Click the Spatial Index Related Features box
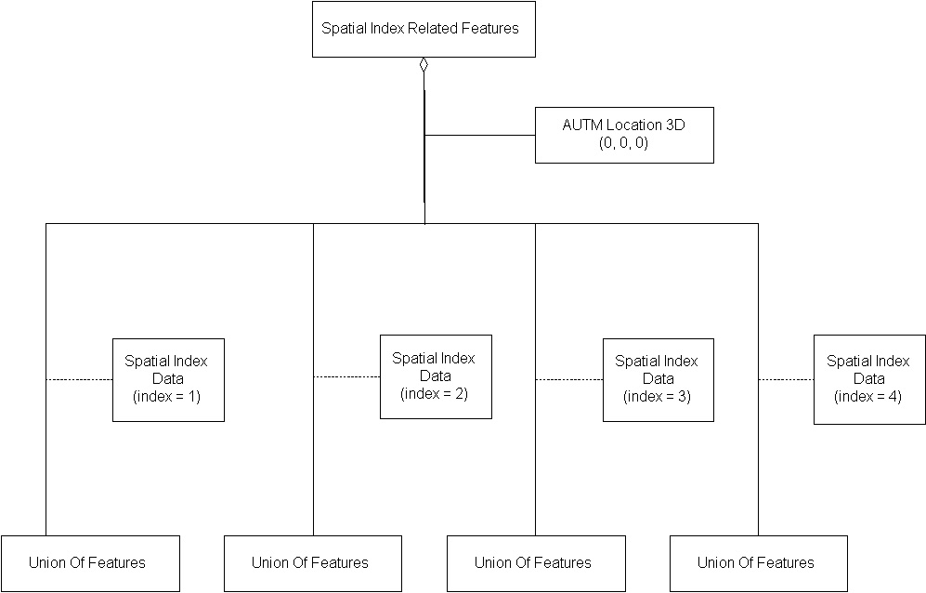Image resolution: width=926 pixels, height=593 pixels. pyautogui.click(x=424, y=29)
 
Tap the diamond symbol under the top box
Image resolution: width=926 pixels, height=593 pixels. pyautogui.click(x=424, y=64)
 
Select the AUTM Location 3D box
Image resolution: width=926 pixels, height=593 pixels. pyautogui.click(x=624, y=135)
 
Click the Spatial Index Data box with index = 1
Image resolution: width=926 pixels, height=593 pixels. pyautogui.click(x=168, y=379)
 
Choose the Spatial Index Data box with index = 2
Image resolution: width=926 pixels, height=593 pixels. pyautogui.click(x=435, y=376)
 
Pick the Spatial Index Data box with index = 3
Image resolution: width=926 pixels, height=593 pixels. pyautogui.click(x=658, y=379)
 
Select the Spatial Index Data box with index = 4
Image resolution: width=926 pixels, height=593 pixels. pyautogui.click(x=868, y=379)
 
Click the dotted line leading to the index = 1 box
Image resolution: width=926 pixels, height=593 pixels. pyautogui.click(x=79, y=379)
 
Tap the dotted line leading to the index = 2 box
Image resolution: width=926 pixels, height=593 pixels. pyautogui.click(x=346, y=376)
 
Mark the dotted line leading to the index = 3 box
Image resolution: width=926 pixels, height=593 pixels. pyautogui.click(x=568, y=379)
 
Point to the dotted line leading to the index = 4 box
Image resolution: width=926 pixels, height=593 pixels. pyautogui.click(x=786, y=379)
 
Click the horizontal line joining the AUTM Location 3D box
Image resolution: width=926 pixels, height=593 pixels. pyautogui.click(x=480, y=135)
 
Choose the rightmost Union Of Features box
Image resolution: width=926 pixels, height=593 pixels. pyautogui.click(x=758, y=563)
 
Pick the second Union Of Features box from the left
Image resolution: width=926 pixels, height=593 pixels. pyautogui.click(x=312, y=563)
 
